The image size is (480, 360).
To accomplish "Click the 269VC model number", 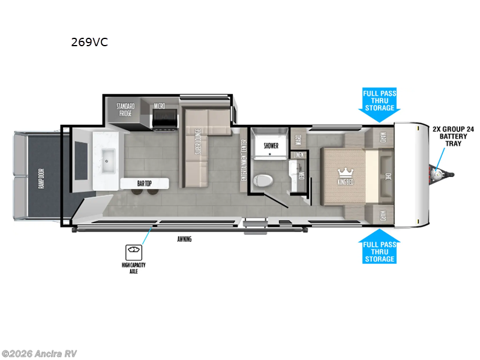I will coord(89,43).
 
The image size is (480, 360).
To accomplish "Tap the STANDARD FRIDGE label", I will coord(125,109).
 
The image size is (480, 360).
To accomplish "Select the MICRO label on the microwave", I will coord(159,106).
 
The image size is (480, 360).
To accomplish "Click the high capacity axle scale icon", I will coord(133,251).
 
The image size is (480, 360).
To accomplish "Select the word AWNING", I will coord(184,239).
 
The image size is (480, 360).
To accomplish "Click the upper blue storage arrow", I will coord(380,101).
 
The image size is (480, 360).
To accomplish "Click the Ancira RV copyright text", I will coord(39,353).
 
